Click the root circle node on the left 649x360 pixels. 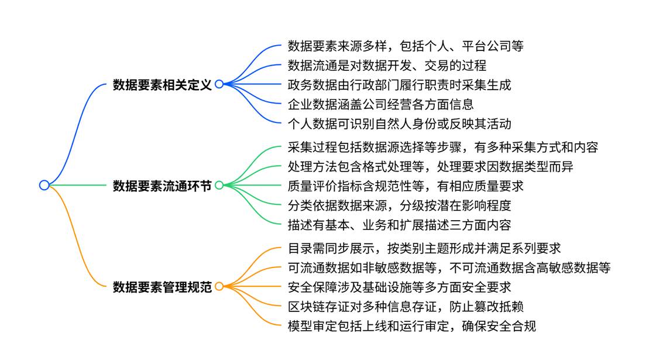pos(44,185)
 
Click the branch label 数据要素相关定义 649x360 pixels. pos(162,84)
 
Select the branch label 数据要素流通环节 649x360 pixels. pos(162,186)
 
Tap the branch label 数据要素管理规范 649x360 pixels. pos(162,287)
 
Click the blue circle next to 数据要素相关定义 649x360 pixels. pos(219,84)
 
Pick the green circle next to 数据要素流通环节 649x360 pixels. pos(219,186)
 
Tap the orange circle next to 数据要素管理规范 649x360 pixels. pos(219,287)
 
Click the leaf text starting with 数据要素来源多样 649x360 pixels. pos(406,46)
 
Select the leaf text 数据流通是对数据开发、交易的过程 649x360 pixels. pos(387,65)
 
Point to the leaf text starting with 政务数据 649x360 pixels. pos(400,85)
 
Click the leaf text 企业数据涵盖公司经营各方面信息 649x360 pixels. pos(381,104)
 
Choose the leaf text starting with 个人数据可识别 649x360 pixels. pos(400,124)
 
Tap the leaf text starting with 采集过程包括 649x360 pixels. pos(443,147)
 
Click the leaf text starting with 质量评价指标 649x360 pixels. pos(406,186)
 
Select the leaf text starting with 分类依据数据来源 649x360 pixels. pos(400,205)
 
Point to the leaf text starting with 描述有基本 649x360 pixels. pos(400,225)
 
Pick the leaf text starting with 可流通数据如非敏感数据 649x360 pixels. pos(449,268)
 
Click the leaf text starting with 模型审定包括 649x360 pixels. pos(412,325)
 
